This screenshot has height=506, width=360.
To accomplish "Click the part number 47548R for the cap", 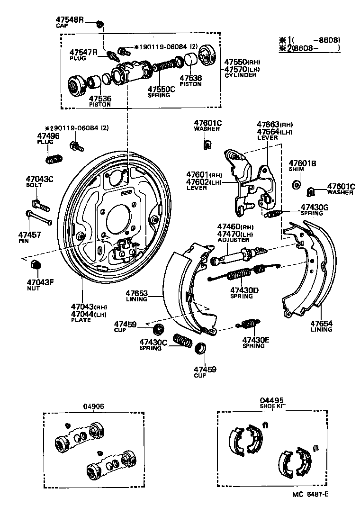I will pos(69,20).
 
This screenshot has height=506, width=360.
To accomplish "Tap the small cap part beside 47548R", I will pos(99,24).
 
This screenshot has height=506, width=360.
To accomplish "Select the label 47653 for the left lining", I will pos(136,293).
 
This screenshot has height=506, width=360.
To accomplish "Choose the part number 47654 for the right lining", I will pos(321,324).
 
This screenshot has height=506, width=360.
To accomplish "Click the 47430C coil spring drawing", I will pos(182,341).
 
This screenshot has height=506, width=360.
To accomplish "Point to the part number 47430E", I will pos(256,340).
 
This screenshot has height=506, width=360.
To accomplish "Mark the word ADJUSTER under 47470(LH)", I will pos(233,240).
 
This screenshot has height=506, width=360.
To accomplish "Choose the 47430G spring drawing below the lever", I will pos(273,214).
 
